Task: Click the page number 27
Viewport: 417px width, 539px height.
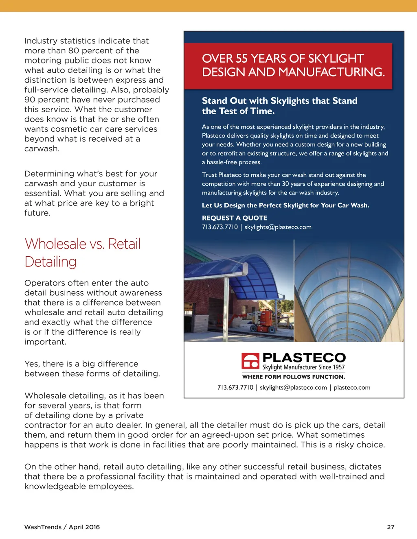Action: (x=391, y=527)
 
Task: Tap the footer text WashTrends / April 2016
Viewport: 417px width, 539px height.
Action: (x=62, y=527)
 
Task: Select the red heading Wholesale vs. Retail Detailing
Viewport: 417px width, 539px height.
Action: (x=83, y=253)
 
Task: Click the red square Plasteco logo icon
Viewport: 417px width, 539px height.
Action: (x=250, y=360)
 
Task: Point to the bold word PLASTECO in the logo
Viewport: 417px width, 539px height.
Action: (x=304, y=358)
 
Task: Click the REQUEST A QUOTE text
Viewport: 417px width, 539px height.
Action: (x=235, y=218)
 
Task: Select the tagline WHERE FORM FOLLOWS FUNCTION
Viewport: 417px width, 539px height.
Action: (x=294, y=377)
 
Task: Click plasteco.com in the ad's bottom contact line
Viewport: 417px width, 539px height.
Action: (x=352, y=388)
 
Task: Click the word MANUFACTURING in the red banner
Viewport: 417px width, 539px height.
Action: (x=336, y=72)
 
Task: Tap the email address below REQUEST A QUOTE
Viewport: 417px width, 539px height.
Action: (x=278, y=227)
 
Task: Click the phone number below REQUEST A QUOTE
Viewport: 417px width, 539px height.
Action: (x=219, y=227)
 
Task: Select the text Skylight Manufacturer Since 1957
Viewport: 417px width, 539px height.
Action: (x=303, y=367)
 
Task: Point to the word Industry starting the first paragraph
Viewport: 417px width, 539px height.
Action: (x=41, y=41)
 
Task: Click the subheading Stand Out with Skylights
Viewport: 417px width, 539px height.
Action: (x=279, y=101)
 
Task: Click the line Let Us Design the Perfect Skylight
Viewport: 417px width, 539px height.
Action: (x=285, y=205)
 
